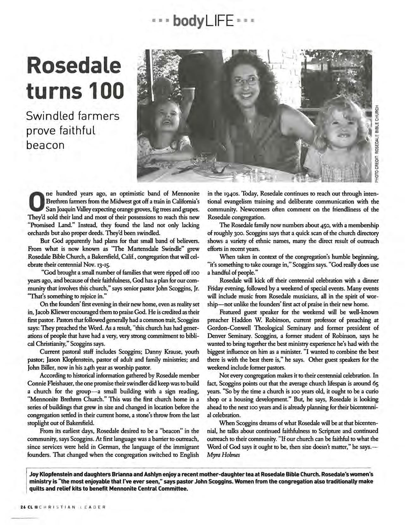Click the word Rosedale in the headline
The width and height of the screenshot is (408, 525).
pos(74,66)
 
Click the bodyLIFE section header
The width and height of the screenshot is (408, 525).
pos(204,21)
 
